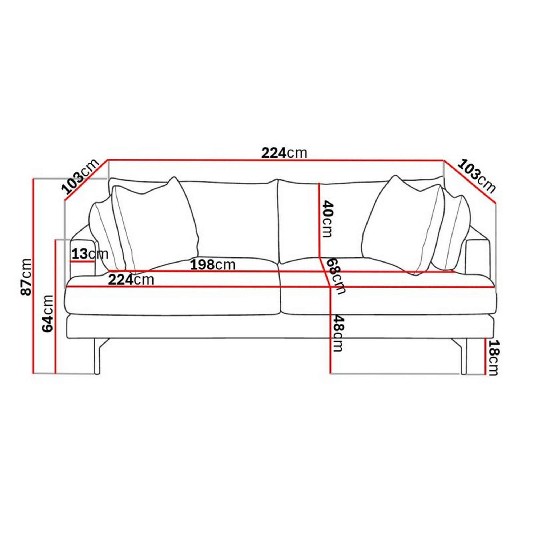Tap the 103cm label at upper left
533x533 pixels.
[80, 177]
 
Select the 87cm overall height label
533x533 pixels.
[27, 277]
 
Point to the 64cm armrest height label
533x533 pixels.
[47, 314]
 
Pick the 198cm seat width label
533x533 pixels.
[213, 265]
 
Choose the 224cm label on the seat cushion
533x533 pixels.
[131, 280]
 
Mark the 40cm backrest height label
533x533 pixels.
[328, 219]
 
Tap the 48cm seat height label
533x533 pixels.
[338, 334]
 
